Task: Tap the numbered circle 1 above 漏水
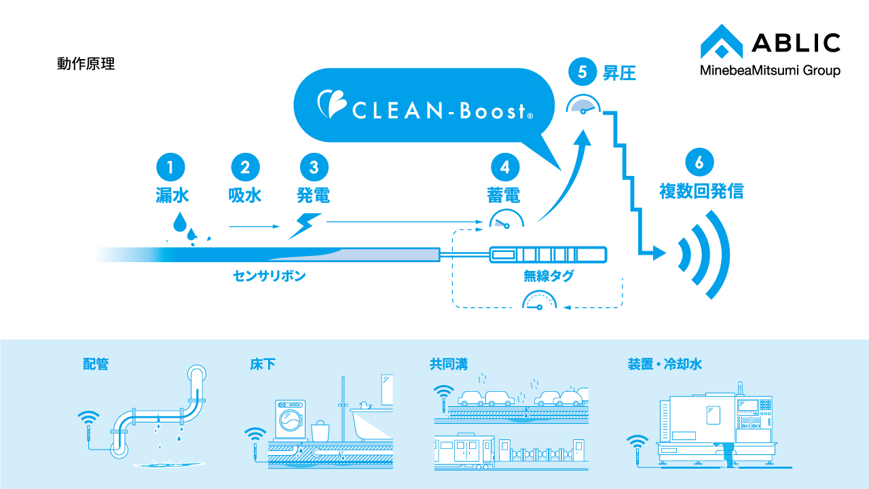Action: (171, 166)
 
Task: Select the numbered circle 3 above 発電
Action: (314, 166)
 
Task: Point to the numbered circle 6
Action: (701, 161)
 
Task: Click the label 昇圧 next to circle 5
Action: (619, 72)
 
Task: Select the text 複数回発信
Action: (701, 192)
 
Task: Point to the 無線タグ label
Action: (549, 276)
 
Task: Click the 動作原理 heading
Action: (86, 65)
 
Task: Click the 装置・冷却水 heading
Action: (665, 365)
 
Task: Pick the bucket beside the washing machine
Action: (320, 431)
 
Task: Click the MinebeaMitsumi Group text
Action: (770, 71)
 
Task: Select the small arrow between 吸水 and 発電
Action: (254, 225)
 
